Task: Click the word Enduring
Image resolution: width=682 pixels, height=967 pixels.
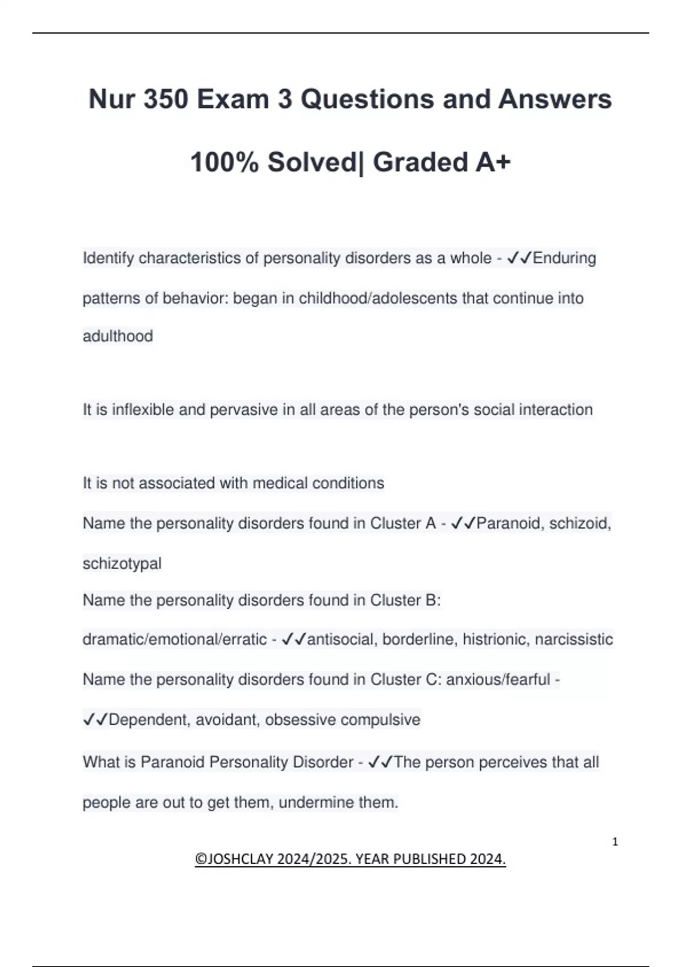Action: [564, 258]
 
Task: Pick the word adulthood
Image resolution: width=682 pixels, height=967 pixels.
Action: [118, 336]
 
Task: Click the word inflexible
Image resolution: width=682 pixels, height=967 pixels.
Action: [143, 410]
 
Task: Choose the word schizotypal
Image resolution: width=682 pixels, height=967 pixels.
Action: [122, 564]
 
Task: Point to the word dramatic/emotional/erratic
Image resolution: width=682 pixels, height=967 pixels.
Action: [174, 639]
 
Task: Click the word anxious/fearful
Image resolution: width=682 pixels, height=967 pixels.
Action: [498, 680]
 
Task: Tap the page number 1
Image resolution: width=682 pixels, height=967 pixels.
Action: [615, 842]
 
